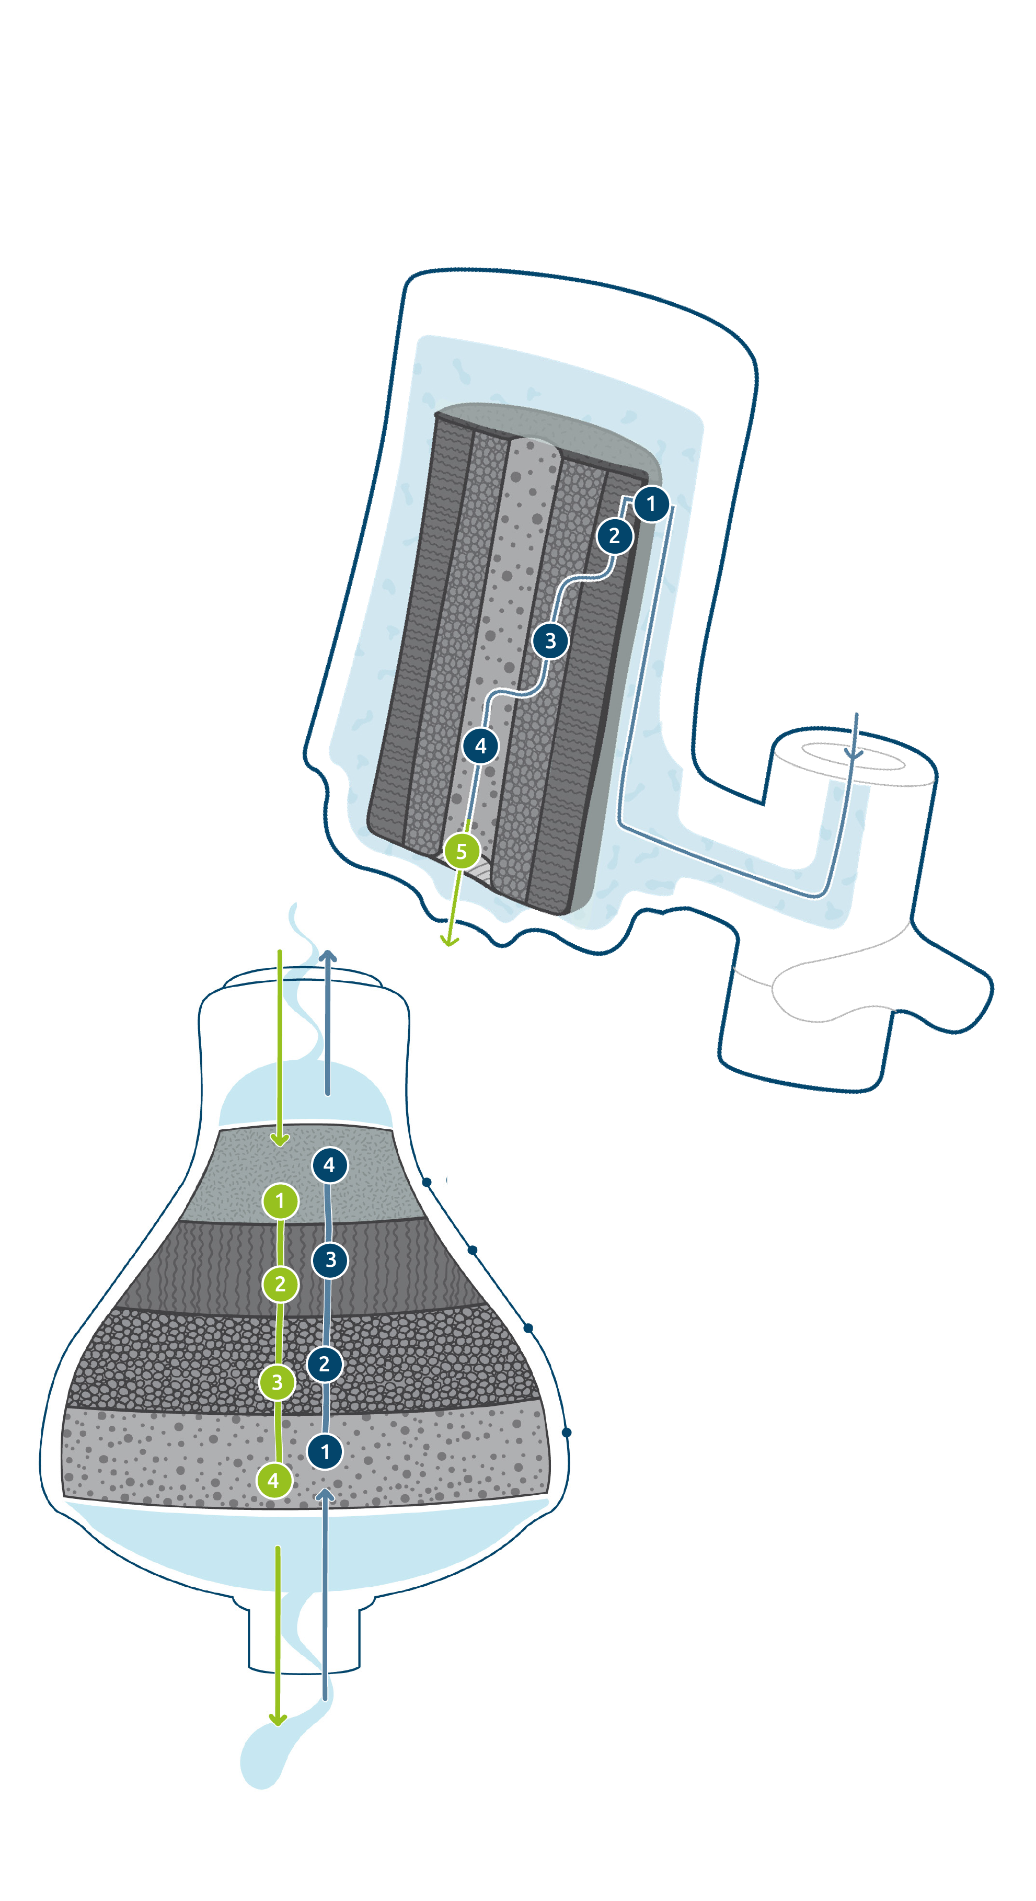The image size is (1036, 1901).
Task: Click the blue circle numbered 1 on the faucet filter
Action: [651, 504]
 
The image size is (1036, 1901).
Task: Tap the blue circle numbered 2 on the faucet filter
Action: [615, 536]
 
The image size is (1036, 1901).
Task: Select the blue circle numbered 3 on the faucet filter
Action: [550, 640]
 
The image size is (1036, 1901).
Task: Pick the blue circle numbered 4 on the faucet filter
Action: [481, 746]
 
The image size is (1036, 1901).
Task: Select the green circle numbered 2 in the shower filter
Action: [280, 1285]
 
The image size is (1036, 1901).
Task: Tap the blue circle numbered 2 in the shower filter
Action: [325, 1364]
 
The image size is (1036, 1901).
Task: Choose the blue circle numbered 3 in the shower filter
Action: [330, 1259]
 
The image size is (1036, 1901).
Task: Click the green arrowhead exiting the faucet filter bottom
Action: [450, 940]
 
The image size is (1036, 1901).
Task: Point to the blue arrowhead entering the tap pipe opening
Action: [854, 754]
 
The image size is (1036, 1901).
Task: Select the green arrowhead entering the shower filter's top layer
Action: [280, 1140]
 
